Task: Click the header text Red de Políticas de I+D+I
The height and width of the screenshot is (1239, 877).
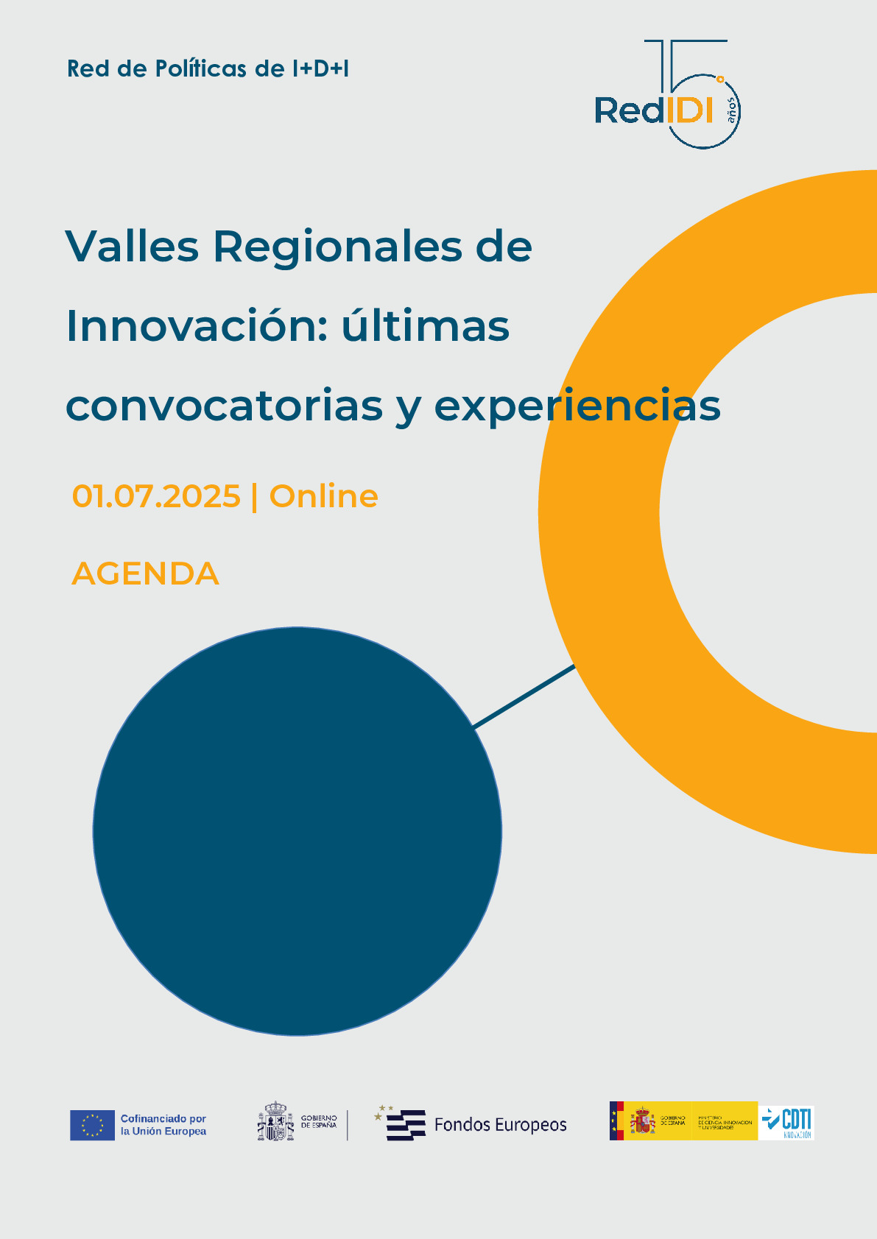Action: tap(208, 68)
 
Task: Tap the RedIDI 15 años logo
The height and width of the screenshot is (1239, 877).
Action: tap(667, 96)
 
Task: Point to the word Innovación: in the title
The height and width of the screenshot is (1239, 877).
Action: tap(197, 326)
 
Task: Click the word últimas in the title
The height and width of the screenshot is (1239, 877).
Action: tap(425, 326)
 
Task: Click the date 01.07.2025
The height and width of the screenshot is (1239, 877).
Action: tap(156, 496)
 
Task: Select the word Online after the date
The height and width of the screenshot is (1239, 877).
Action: tap(324, 496)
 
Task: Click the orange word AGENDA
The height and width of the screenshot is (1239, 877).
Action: tap(146, 573)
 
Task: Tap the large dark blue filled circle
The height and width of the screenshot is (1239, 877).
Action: tap(297, 831)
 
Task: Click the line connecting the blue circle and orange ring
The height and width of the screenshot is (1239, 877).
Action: tap(524, 696)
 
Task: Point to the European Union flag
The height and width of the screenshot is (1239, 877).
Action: tap(93, 1125)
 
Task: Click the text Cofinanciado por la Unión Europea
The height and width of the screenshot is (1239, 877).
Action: tap(163, 1125)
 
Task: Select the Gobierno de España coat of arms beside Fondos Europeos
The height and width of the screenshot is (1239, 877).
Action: tap(275, 1122)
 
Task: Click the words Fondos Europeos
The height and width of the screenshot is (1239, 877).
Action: tap(501, 1125)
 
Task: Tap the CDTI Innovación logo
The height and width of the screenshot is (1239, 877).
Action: tap(786, 1122)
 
